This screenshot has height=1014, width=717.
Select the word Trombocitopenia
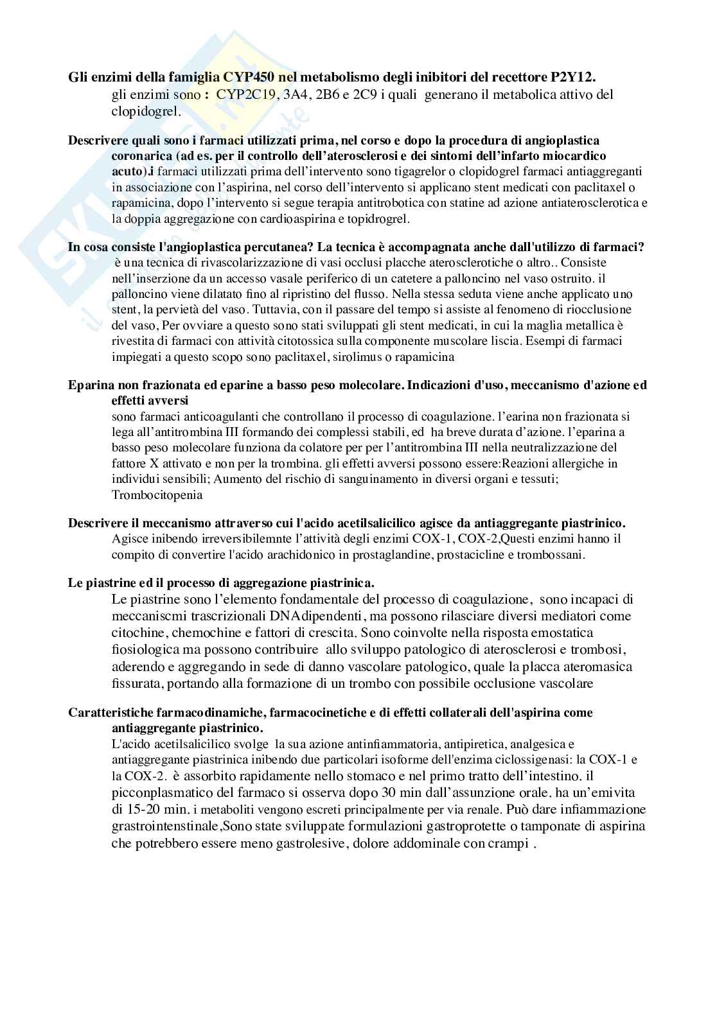pyautogui.click(x=157, y=494)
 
